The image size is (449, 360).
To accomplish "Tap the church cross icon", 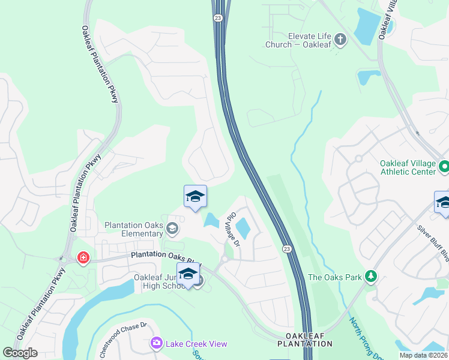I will point(340,40).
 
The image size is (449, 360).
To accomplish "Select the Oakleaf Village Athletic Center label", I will point(408,167).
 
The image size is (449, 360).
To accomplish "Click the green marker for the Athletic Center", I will point(444,165).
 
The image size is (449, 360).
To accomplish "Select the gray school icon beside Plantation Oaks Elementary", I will point(172,228).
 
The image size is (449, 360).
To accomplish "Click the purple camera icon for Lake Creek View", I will point(157,343).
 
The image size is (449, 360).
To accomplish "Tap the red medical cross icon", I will point(83,258).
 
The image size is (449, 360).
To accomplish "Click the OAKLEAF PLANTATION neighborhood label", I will point(304,340).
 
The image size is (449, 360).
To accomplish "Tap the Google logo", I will point(20,353).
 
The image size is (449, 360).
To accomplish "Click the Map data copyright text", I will point(423,355).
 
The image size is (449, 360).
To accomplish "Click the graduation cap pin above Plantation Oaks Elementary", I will point(195,197).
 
